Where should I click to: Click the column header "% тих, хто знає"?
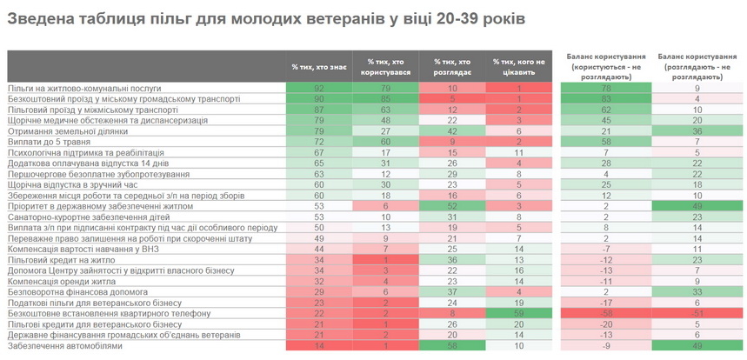pyautogui.click(x=319, y=66)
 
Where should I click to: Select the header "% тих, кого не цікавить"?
pyautogui.click(x=518, y=66)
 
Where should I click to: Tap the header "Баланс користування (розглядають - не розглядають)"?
pyautogui.click(x=697, y=66)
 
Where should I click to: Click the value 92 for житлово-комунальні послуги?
pyautogui.click(x=319, y=88)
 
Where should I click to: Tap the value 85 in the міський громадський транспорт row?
pyautogui.click(x=385, y=98)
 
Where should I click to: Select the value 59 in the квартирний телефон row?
pyautogui.click(x=518, y=313)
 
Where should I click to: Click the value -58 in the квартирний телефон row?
pyautogui.click(x=606, y=313)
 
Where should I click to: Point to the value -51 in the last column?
pyautogui.click(x=697, y=313)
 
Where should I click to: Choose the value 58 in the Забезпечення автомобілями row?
pyautogui.click(x=452, y=345)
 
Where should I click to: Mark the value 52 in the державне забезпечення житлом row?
pyautogui.click(x=452, y=206)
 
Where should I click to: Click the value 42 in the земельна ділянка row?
pyautogui.click(x=452, y=130)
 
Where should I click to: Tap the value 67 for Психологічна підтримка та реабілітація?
pyautogui.click(x=319, y=152)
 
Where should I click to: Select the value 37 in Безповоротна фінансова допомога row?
pyautogui.click(x=452, y=292)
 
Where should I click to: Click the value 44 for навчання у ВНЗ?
pyautogui.click(x=319, y=249)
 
